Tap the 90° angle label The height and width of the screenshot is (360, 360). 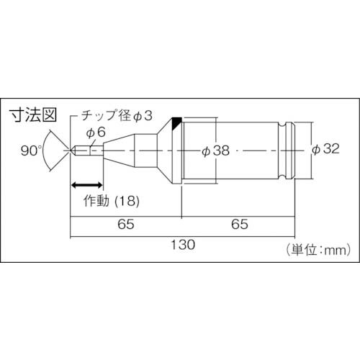click(32, 150)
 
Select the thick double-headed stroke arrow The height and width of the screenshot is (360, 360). click(85, 184)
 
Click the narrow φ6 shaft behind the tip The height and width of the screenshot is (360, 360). click(92, 150)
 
